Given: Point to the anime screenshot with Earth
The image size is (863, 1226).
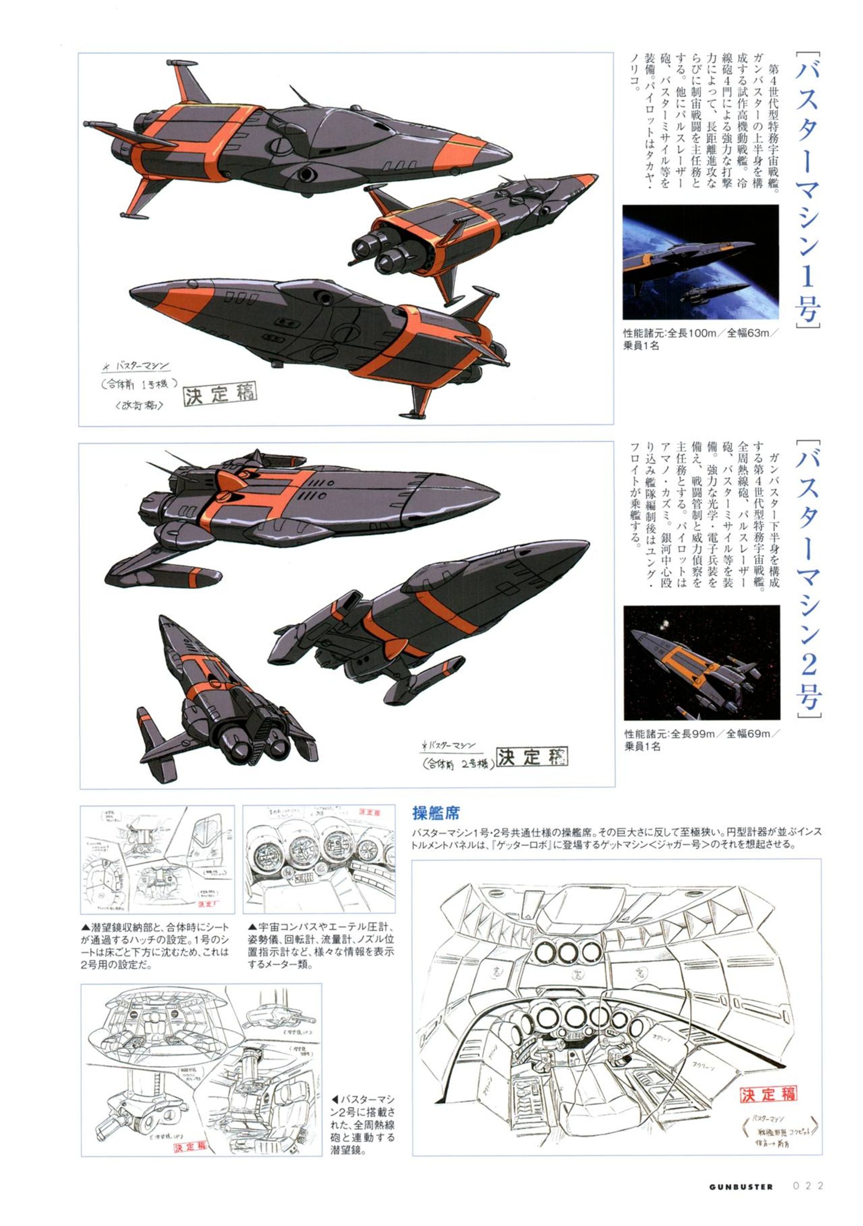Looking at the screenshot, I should pyautogui.click(x=700, y=262).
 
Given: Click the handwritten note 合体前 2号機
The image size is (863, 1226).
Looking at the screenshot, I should pyautogui.click(x=457, y=764).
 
